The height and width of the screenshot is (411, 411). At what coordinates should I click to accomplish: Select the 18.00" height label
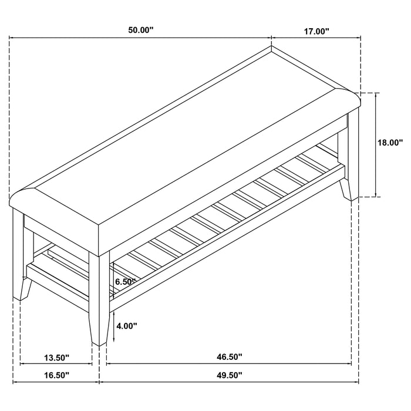pyautogui.click(x=390, y=142)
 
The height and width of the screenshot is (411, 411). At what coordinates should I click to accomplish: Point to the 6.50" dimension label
pyautogui.click(x=126, y=282)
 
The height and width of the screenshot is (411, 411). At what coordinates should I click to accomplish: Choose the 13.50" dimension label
pyautogui.click(x=56, y=356)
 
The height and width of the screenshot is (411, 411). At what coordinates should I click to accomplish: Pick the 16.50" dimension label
pyautogui.click(x=56, y=375)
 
